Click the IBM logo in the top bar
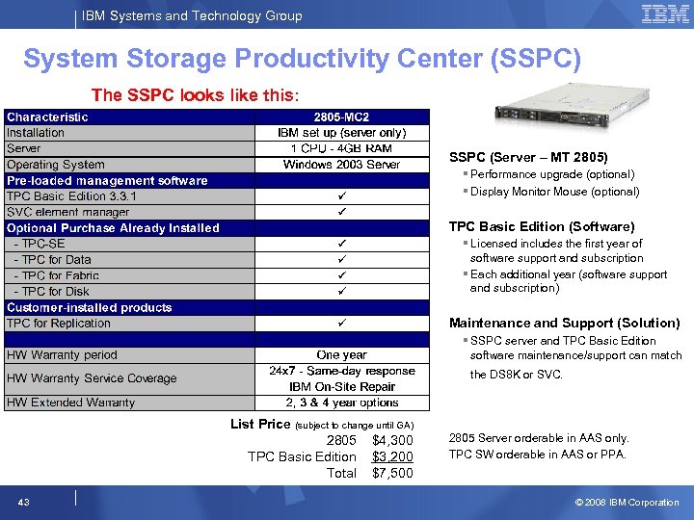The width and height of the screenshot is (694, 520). (x=665, y=14)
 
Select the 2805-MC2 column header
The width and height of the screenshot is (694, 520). (x=342, y=117)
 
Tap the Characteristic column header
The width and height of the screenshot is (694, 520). (x=47, y=117)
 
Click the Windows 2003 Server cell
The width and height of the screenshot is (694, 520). (x=342, y=165)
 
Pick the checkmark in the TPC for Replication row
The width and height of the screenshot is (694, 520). (x=342, y=324)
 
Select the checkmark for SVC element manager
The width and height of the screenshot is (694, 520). (x=342, y=212)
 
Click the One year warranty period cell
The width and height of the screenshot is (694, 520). (x=342, y=354)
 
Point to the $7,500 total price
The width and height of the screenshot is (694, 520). (x=392, y=473)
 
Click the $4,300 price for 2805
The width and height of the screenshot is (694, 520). (x=392, y=440)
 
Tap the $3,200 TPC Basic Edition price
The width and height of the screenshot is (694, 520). (x=392, y=456)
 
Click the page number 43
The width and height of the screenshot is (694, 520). (x=23, y=502)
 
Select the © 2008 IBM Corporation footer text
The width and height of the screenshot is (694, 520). (x=627, y=502)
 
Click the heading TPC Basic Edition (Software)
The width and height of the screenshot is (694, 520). (x=542, y=226)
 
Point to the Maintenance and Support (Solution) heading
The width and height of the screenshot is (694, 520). (x=564, y=323)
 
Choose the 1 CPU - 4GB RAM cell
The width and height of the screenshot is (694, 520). (x=342, y=148)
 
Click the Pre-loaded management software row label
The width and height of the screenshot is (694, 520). (x=107, y=180)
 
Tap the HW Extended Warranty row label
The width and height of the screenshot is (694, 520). (x=70, y=403)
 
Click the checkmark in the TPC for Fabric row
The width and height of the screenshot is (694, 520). (x=342, y=275)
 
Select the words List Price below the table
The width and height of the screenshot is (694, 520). (x=260, y=424)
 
